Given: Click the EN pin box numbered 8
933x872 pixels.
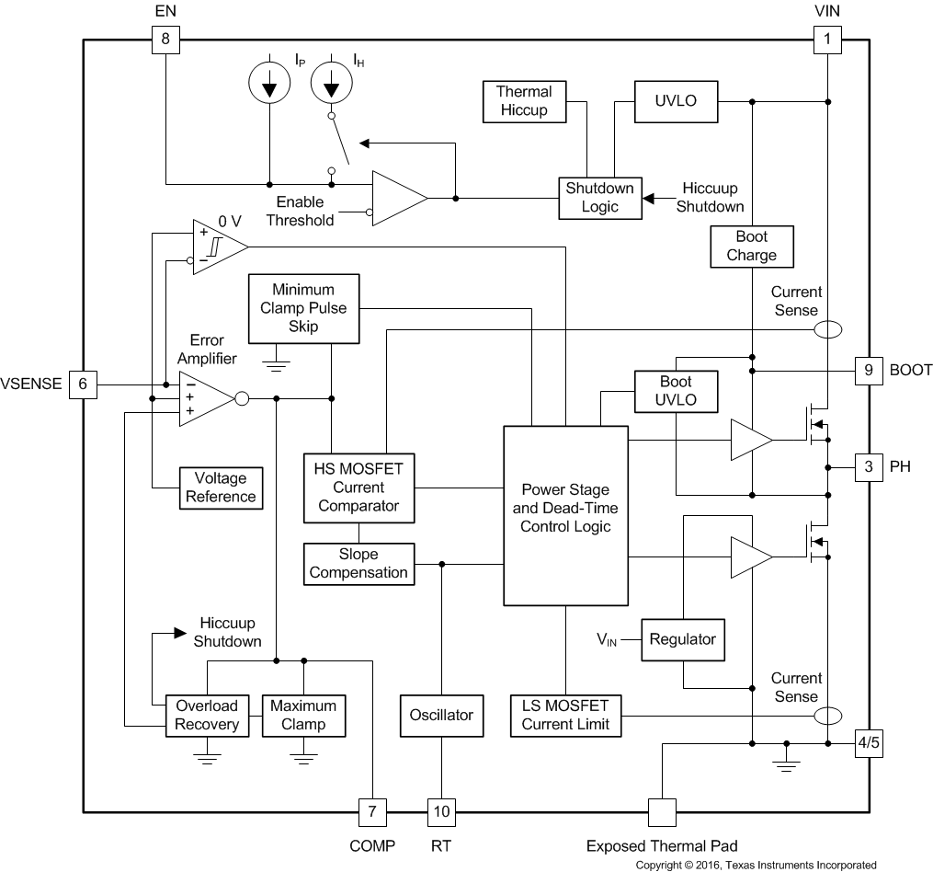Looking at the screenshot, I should point(165,40).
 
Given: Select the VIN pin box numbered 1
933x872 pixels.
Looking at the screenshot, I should point(827,40).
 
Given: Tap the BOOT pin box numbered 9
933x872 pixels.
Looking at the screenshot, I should point(869,371).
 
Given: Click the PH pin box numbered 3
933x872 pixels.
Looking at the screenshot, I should point(869,467).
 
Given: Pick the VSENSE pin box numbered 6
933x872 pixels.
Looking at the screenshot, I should point(83,384).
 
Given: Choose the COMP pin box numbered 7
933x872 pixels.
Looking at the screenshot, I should point(372,812).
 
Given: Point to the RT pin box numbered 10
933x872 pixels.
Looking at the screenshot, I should point(441,812).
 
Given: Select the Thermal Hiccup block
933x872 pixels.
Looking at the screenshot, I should point(524,101).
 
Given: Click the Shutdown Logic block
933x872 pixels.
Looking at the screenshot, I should point(600,198).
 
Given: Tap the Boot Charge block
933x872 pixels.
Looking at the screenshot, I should point(751,246).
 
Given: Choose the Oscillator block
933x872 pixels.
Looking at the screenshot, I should point(441,715).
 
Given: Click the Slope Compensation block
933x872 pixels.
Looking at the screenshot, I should point(358,563).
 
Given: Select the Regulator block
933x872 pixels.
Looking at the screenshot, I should point(682,639).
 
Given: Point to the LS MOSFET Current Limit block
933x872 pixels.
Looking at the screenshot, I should point(565,715).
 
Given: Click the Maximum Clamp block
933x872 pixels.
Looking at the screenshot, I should point(303,715).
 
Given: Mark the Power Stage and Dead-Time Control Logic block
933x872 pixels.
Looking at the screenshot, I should point(565,515).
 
